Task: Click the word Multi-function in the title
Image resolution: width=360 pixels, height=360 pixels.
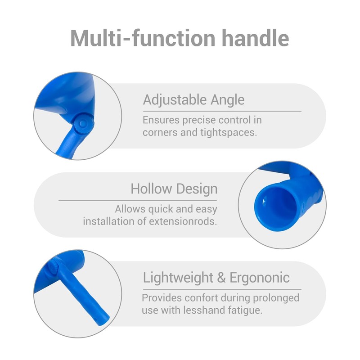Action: point(143,38)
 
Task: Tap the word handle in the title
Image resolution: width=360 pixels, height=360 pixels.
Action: point(255,38)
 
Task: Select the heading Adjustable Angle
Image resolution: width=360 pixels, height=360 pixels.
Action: point(193,100)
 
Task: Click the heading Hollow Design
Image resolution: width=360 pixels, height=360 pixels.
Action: point(174,189)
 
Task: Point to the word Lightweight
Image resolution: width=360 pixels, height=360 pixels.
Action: point(178,278)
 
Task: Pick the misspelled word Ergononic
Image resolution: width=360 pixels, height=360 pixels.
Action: point(260,278)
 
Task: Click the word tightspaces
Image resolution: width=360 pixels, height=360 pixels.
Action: point(229,132)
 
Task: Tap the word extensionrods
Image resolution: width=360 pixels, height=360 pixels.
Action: point(183,221)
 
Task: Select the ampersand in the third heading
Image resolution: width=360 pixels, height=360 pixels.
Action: point(221,278)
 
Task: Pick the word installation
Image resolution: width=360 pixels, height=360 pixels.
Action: point(108,221)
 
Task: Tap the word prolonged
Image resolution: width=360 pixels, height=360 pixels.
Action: point(276,298)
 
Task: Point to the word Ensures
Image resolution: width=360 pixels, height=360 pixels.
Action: point(161,120)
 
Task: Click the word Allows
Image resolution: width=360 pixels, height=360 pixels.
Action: point(130,209)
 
